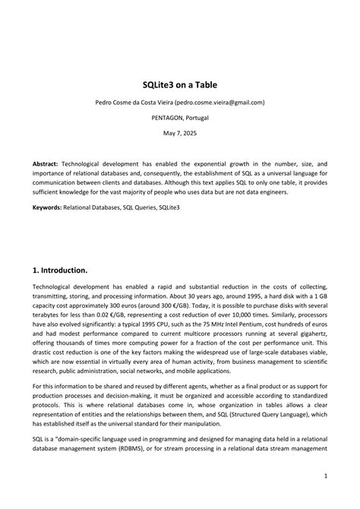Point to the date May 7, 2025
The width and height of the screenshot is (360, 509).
tap(180, 134)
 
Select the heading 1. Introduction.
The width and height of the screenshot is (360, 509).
tap(71, 270)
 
